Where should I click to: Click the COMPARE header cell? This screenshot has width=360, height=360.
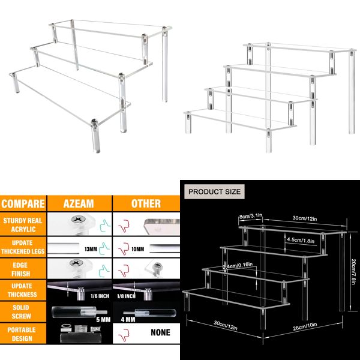pos(23,203)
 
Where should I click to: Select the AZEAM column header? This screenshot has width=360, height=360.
pos(79,203)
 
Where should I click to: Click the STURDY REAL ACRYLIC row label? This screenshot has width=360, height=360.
pos(23,226)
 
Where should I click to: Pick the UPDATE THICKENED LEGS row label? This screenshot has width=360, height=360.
pos(23,247)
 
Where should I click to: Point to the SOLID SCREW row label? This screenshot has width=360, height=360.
pos(23,311)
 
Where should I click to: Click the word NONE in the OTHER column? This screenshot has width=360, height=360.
pos(160,332)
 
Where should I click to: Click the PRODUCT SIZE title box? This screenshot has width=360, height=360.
pos(215,192)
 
